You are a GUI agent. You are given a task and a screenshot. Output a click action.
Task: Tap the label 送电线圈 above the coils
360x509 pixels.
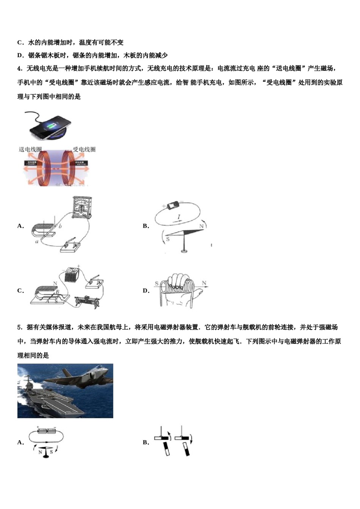coord(30,150)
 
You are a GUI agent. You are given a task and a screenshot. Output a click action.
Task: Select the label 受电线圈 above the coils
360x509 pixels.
coord(84,150)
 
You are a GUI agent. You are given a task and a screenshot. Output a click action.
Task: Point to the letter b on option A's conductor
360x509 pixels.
coord(60,226)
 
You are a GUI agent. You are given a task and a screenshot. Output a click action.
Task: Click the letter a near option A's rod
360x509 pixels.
coord(37,241)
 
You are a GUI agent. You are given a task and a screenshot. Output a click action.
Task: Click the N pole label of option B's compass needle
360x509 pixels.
coord(201,226)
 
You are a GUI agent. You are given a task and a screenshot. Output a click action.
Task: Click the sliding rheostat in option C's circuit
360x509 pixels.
coord(86,301)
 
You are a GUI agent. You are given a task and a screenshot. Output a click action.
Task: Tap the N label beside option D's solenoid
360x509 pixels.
coord(204,283)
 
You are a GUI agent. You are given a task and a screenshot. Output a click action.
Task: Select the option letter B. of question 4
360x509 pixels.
coord(146,226)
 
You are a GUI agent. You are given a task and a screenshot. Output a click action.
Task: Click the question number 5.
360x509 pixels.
coord(19,327)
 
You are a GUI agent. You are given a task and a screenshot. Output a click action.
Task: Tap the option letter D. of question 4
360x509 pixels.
coord(146,291)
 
